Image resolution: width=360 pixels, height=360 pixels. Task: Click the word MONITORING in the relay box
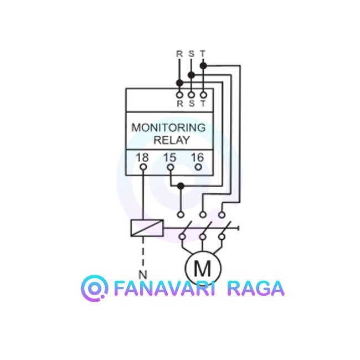[x=168, y=127]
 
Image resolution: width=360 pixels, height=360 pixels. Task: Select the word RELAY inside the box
[x=172, y=140]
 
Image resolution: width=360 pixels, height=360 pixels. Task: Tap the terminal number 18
[x=142, y=157]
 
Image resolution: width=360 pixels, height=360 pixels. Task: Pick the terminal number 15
[x=169, y=157]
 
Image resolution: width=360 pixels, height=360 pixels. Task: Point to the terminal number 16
[x=198, y=157]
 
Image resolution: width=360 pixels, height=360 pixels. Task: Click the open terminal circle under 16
[x=198, y=167]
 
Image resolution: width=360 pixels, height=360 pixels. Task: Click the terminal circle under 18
[x=143, y=167]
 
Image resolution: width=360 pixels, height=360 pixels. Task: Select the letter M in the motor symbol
[x=202, y=269]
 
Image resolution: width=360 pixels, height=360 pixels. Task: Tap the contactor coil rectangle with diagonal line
[x=147, y=228]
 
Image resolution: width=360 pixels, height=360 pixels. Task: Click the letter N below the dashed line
[x=143, y=275]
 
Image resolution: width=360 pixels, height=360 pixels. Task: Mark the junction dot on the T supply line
[x=203, y=66]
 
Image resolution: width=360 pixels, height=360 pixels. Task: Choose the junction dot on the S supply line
[x=191, y=75]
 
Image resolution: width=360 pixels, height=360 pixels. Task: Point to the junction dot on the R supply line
[x=179, y=83]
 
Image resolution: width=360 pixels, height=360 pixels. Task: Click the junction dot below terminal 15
[x=181, y=186]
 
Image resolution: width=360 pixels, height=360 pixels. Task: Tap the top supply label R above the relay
[x=179, y=54]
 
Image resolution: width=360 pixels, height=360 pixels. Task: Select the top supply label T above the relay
[x=203, y=54]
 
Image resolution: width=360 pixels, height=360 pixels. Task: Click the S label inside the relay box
[x=192, y=104]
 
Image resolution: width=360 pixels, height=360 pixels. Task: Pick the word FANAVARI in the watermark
[x=164, y=289]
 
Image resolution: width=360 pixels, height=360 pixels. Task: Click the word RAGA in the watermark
[x=256, y=289]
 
